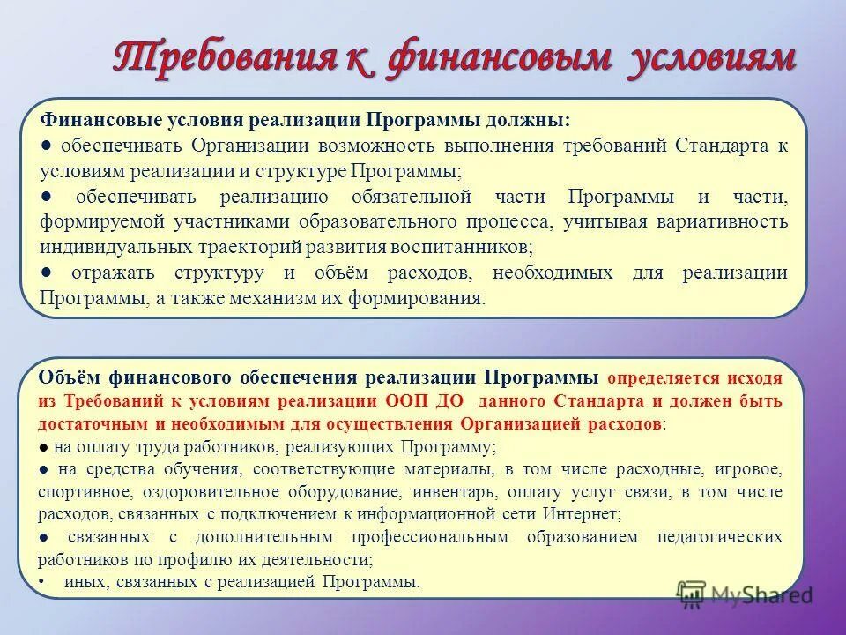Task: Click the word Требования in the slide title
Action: [x=227, y=58]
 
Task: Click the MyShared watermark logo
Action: [x=745, y=594]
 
